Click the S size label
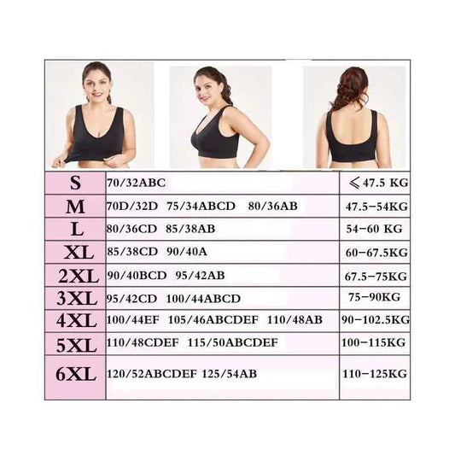pos(76,183)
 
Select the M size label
pos(76,206)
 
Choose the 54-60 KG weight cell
pos(374,230)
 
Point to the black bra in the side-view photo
pos(215,137)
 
